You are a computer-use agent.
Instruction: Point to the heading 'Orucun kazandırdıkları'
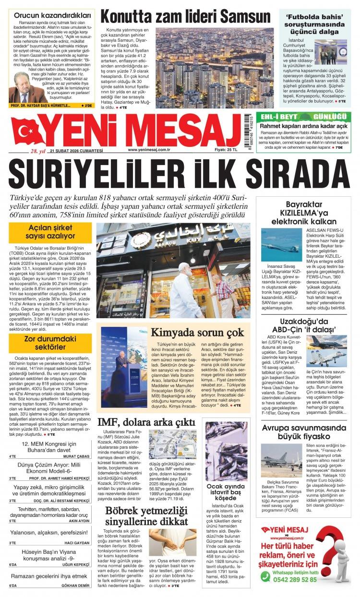tap(50, 14)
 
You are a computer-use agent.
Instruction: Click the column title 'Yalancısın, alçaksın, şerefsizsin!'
tap(49, 533)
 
